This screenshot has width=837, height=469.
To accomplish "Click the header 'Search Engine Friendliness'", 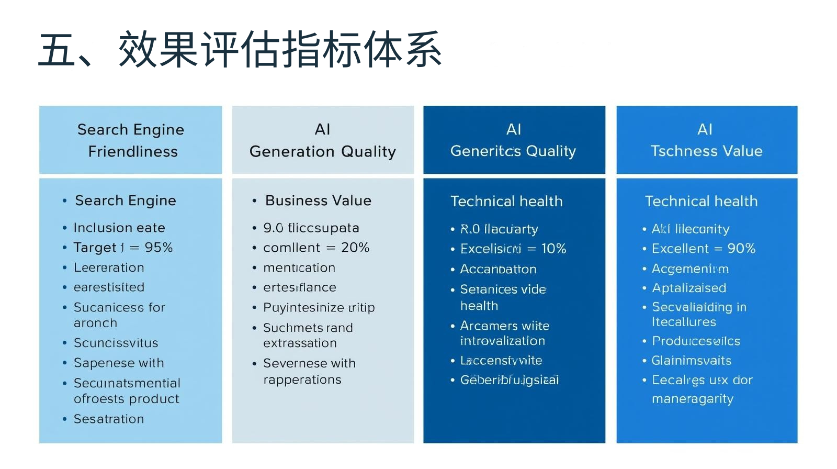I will pyautogui.click(x=131, y=140).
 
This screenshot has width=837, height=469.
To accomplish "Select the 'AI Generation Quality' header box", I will pyautogui.click(x=323, y=140).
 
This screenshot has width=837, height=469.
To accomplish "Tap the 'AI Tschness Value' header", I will pyautogui.click(x=706, y=140).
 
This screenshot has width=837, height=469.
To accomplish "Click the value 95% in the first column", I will pyautogui.click(x=159, y=247).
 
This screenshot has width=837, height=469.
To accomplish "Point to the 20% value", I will pyautogui.click(x=355, y=248).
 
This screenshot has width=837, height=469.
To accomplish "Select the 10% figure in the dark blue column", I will pyautogui.click(x=553, y=249).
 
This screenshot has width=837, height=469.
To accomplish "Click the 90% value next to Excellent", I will pyautogui.click(x=741, y=249).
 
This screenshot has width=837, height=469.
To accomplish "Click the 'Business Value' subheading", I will pyautogui.click(x=318, y=200).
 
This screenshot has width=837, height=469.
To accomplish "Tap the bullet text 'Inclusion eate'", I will pyautogui.click(x=119, y=228).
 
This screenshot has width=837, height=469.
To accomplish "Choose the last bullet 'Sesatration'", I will pyautogui.click(x=109, y=419).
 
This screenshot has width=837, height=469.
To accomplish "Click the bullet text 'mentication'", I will pyautogui.click(x=299, y=267).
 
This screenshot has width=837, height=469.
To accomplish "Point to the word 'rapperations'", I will pyautogui.click(x=302, y=379).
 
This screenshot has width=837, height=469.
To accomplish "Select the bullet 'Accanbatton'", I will pyautogui.click(x=498, y=269).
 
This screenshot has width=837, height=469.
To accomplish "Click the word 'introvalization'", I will pyautogui.click(x=502, y=341).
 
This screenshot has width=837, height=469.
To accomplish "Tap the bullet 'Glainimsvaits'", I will pyautogui.click(x=691, y=360).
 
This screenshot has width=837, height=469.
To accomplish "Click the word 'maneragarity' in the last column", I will pyautogui.click(x=693, y=399).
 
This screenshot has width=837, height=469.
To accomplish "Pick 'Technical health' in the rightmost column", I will pyautogui.click(x=701, y=201).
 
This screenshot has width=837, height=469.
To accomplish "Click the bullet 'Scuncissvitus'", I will pyautogui.click(x=116, y=343).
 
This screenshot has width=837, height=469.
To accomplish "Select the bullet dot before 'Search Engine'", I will pyautogui.click(x=64, y=201).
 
